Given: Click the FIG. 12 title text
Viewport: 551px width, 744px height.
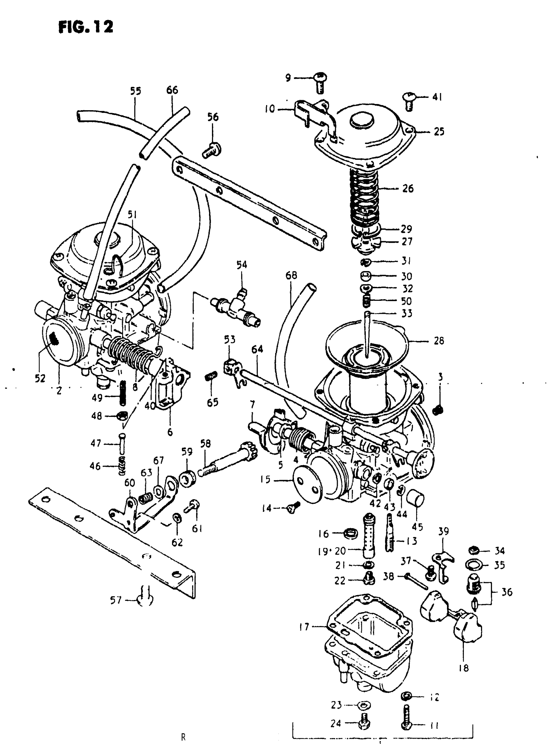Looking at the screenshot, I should (x=86, y=27).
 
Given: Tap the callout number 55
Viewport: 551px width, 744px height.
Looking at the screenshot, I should (x=135, y=91).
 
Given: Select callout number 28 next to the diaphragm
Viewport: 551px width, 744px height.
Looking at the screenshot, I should (x=439, y=341).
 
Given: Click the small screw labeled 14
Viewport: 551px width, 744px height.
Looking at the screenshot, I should (x=292, y=508).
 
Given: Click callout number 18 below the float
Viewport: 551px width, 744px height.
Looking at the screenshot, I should (x=463, y=668).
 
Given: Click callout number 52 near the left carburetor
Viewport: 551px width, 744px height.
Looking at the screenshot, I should (x=40, y=378).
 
